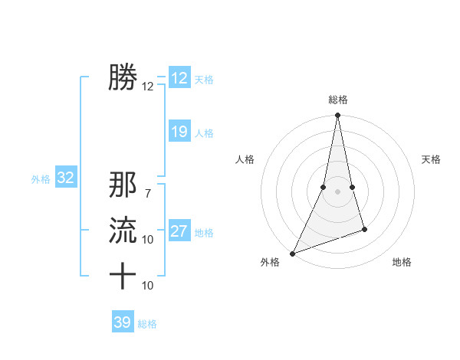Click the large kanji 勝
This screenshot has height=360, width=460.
coord(123,77)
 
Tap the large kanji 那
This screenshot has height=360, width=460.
coord(123,186)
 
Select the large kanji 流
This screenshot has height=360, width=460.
coord(123,230)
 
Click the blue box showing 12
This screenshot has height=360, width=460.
coord(179,78)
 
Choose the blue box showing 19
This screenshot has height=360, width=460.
coord(179,132)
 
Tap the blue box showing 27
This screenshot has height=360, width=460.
coord(179,231)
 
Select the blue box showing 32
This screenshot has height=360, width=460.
coord(66,178)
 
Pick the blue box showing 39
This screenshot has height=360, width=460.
coord(123,322)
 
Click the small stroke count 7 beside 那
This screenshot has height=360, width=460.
coord(147,195)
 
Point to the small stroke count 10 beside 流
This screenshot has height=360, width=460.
coord(148,240)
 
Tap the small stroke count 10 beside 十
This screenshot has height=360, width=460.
coord(148,286)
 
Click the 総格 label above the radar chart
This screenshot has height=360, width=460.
coord(337,100)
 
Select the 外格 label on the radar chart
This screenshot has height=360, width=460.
coord(270,262)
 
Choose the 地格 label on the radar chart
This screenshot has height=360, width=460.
coord(402,262)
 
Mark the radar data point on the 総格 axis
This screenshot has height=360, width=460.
coord(337,116)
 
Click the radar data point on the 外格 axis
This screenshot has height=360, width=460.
coord(292,253)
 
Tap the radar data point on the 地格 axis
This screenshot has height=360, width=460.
coord(364,229)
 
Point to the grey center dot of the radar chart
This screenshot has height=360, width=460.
coord(337,191)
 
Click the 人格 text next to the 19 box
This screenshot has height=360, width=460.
coord(204,133)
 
